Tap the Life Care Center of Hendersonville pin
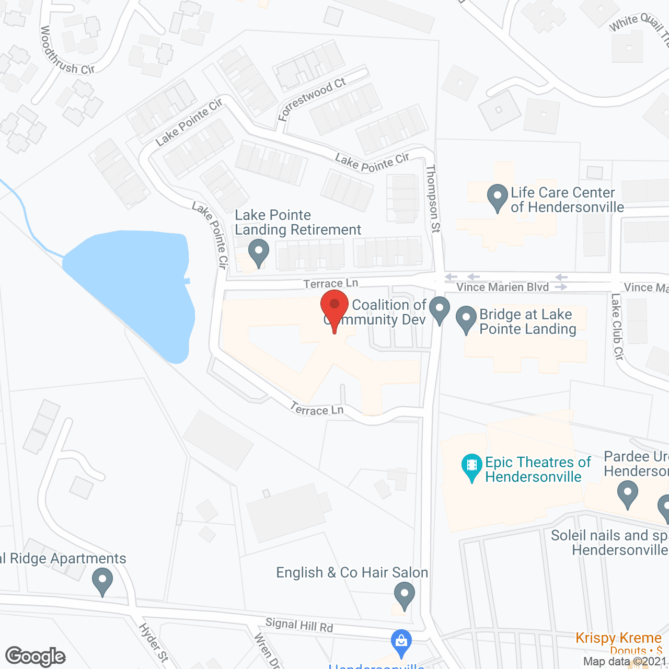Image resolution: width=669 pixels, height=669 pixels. coord(497,198)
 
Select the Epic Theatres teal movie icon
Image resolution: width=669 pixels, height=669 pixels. coord(472,466)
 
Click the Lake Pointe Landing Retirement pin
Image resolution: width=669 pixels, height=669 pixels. coord(258,252)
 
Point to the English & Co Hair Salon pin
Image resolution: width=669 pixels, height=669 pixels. coord(404,595)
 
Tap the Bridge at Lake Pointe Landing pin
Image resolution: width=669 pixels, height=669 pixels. coord(466,319)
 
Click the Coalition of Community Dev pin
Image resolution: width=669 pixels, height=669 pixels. coord(440,309)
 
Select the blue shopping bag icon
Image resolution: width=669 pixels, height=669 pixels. coord(401,642)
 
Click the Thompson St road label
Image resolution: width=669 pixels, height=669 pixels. coord(433,199)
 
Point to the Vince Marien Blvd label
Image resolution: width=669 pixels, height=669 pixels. coord(502,287)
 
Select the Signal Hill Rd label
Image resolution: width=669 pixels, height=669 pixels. coord(299,625)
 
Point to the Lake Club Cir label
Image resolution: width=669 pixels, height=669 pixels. coord(617,327)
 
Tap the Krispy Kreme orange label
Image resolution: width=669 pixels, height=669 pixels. coord(618,638)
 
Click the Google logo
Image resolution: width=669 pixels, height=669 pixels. coord(36,656)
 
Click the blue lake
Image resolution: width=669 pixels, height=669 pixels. coord(131,287)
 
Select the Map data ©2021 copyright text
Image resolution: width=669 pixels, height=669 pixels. coord(625,662)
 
